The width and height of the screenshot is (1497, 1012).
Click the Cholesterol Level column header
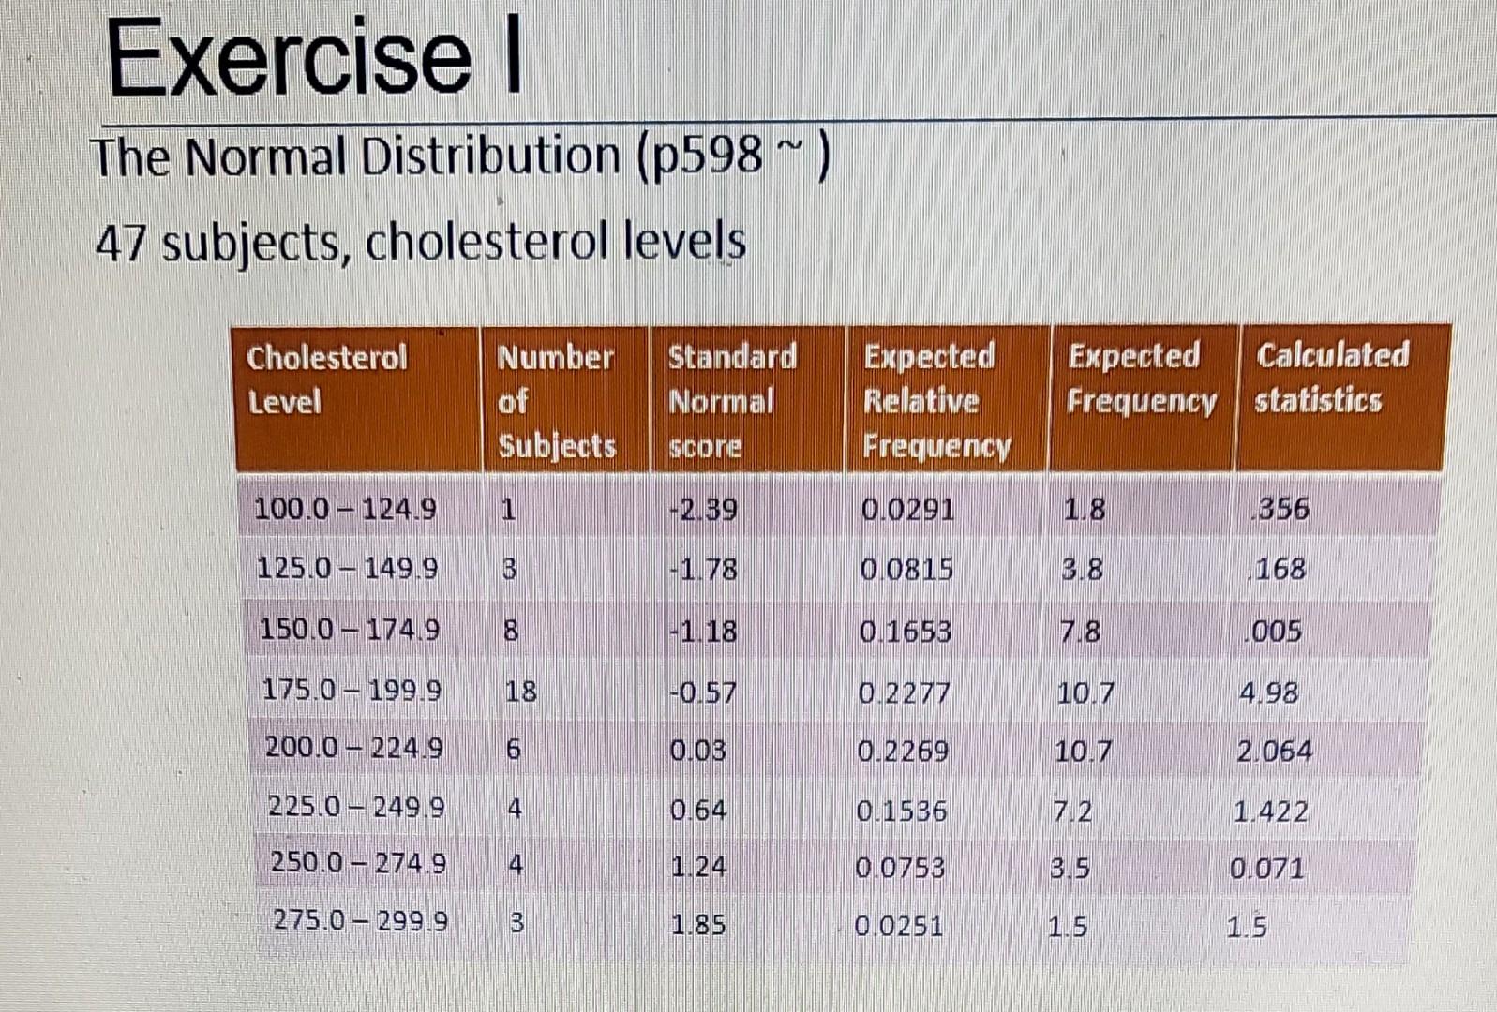[326, 379]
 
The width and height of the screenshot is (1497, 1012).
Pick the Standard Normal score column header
[731, 401]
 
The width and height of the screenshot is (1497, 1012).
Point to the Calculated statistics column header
[1331, 378]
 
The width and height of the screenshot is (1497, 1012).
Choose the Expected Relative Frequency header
[936, 401]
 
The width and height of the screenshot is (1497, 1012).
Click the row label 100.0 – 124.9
[345, 510]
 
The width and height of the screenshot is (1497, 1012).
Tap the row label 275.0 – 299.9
[360, 921]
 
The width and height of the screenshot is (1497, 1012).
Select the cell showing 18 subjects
[520, 692]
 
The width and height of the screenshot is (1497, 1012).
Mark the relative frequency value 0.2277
[905, 693]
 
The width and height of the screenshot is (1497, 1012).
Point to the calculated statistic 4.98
[1268, 693]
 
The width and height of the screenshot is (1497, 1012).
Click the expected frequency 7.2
[1072, 811]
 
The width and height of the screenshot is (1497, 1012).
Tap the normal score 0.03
[697, 752]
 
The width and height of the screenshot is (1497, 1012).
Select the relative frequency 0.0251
[898, 927]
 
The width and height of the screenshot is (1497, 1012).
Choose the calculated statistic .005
[1276, 631]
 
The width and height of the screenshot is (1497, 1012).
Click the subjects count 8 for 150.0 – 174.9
[511, 631]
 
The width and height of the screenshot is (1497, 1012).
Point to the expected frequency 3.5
[1069, 869]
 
